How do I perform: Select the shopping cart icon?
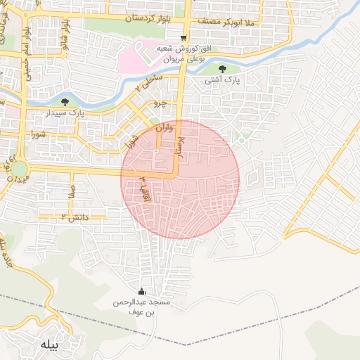pos(184,38)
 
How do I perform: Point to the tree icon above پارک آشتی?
pos(223,68)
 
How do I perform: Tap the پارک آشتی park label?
pos(224,81)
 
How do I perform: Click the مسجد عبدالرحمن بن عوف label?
pos(143,307)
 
